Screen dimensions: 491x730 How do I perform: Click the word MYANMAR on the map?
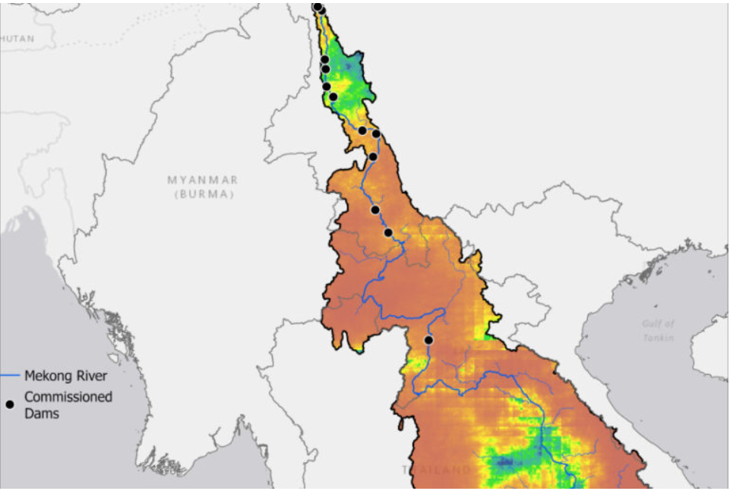tap(203, 180)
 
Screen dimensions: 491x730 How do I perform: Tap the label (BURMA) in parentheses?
tap(203, 194)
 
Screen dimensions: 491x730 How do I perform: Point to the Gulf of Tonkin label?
tap(657, 330)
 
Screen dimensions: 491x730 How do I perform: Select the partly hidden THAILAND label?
tap(436, 471)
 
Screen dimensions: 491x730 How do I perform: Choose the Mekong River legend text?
tap(66, 376)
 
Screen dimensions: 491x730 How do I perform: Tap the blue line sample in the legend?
tap(10, 376)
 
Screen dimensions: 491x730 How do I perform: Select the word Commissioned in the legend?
tap(68, 397)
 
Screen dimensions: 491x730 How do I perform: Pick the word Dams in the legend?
tap(42, 414)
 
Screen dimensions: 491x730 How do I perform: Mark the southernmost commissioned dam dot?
tap(428, 340)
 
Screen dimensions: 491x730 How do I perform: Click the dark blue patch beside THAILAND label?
tap(504, 461)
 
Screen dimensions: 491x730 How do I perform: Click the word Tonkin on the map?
tap(658, 338)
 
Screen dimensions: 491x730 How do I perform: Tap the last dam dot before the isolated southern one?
tap(388, 232)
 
